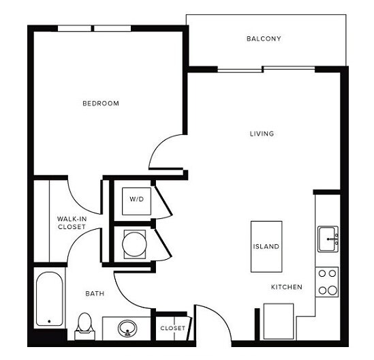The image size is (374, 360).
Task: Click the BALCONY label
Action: coord(264,39)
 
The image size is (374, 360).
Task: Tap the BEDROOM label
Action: coord(101,104)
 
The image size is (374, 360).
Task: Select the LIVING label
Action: coord(262,134)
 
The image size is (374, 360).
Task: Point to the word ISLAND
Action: coord(266,246)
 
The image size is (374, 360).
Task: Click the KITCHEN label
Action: coord(287,287)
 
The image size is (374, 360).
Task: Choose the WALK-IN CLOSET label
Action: coord(71,222)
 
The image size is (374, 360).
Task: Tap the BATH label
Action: coord(95,294)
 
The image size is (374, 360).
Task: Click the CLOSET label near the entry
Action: coord(172,329)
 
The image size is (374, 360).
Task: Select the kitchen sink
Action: coord(328,239)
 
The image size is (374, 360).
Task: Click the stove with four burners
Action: coord(328,282)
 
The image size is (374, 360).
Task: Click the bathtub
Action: coord(48,299)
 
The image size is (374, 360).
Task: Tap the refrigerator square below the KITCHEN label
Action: coord(279,319)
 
